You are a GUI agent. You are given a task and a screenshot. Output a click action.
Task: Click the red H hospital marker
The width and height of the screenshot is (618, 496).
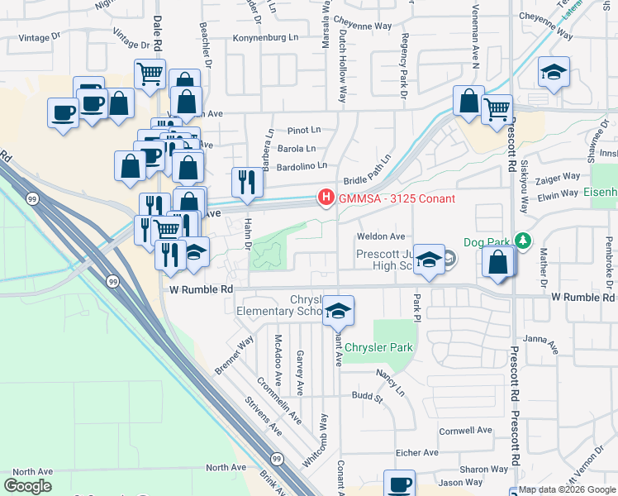(x=326, y=198)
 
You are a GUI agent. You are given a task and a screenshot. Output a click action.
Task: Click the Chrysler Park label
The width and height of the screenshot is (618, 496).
(x=378, y=348)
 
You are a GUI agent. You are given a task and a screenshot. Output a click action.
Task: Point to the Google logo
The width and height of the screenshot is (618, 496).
(x=27, y=486)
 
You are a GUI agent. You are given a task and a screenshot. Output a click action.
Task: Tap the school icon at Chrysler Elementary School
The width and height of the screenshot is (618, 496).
(x=338, y=310)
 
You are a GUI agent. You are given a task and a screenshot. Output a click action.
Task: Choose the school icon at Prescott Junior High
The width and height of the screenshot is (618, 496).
(x=429, y=259)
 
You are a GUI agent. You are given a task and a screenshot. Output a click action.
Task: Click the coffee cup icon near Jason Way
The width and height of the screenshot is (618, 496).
(x=399, y=483)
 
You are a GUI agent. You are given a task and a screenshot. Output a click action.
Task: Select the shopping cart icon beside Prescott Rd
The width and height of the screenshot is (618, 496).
(x=496, y=108)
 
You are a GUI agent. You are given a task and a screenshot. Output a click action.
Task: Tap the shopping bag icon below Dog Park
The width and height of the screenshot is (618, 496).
(x=498, y=262)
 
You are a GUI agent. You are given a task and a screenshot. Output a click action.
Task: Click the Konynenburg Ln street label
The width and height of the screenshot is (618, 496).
(x=265, y=37)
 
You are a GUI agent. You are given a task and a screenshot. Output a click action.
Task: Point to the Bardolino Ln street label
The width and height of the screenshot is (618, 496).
(x=302, y=165)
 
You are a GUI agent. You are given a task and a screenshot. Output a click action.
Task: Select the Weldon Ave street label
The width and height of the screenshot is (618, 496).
(x=380, y=236)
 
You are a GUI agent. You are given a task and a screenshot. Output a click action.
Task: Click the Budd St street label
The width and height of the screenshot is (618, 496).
(x=368, y=398)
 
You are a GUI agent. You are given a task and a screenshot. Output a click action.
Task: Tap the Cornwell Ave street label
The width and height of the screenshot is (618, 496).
(x=465, y=431)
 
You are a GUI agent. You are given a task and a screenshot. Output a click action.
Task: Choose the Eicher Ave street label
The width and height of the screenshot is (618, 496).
(x=416, y=452)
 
